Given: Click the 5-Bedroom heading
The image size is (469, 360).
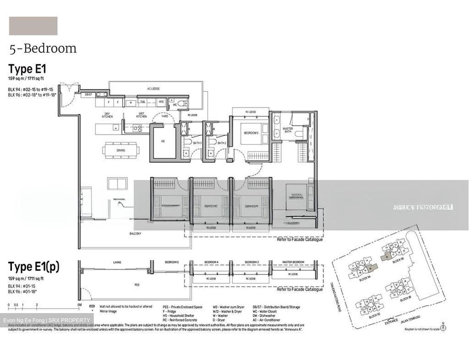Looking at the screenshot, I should point(43,49).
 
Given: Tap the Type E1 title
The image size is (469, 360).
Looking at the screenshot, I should point(27,69).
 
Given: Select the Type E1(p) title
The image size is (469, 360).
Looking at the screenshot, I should point(34,267).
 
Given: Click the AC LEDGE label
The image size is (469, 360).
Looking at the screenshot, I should point(153,89).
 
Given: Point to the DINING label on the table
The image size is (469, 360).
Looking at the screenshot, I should point(121,151).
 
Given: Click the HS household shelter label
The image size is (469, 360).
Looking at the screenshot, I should point(163,141).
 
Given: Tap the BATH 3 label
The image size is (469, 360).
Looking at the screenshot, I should point(197,143).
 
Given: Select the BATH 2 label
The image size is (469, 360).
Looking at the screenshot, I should point(222,143).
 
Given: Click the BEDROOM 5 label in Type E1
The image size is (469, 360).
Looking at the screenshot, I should point(251,133).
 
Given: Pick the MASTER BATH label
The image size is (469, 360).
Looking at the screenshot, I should point(288,130).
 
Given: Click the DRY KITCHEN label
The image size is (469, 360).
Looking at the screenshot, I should point(107,115).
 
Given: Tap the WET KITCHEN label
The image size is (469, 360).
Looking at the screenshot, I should point(141,115).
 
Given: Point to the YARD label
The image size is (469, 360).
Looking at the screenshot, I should point(165,116).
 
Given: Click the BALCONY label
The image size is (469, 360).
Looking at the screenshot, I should point(135,234).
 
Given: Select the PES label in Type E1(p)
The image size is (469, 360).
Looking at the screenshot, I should point(137,285).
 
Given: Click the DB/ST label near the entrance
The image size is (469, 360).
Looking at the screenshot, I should point(88,94).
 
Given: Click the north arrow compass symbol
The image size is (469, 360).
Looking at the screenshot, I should point(443,328).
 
